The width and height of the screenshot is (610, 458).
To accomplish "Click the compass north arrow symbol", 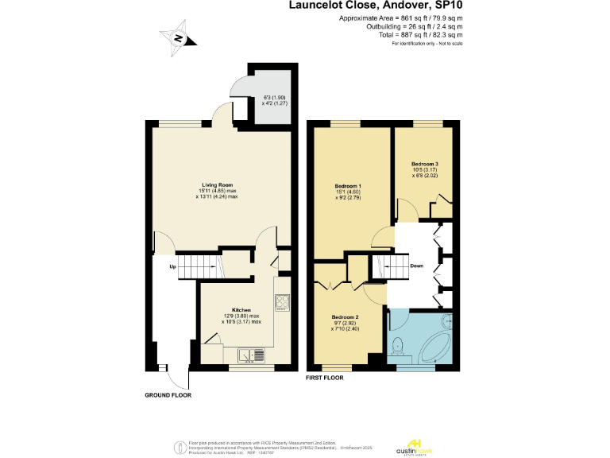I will pos(179,38).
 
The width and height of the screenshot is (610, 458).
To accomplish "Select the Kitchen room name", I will pos(241,309).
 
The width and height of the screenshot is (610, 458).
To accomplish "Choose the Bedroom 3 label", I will pos(425,164).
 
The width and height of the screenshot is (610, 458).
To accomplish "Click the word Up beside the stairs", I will pos(172,266).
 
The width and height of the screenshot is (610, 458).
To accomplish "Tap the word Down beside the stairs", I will pos(416,266).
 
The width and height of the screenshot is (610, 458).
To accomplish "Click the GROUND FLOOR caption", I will pos(168,395).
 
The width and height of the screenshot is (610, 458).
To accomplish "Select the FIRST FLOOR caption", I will pos(325,378).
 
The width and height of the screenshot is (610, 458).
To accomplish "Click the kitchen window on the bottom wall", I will pos(246,368).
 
